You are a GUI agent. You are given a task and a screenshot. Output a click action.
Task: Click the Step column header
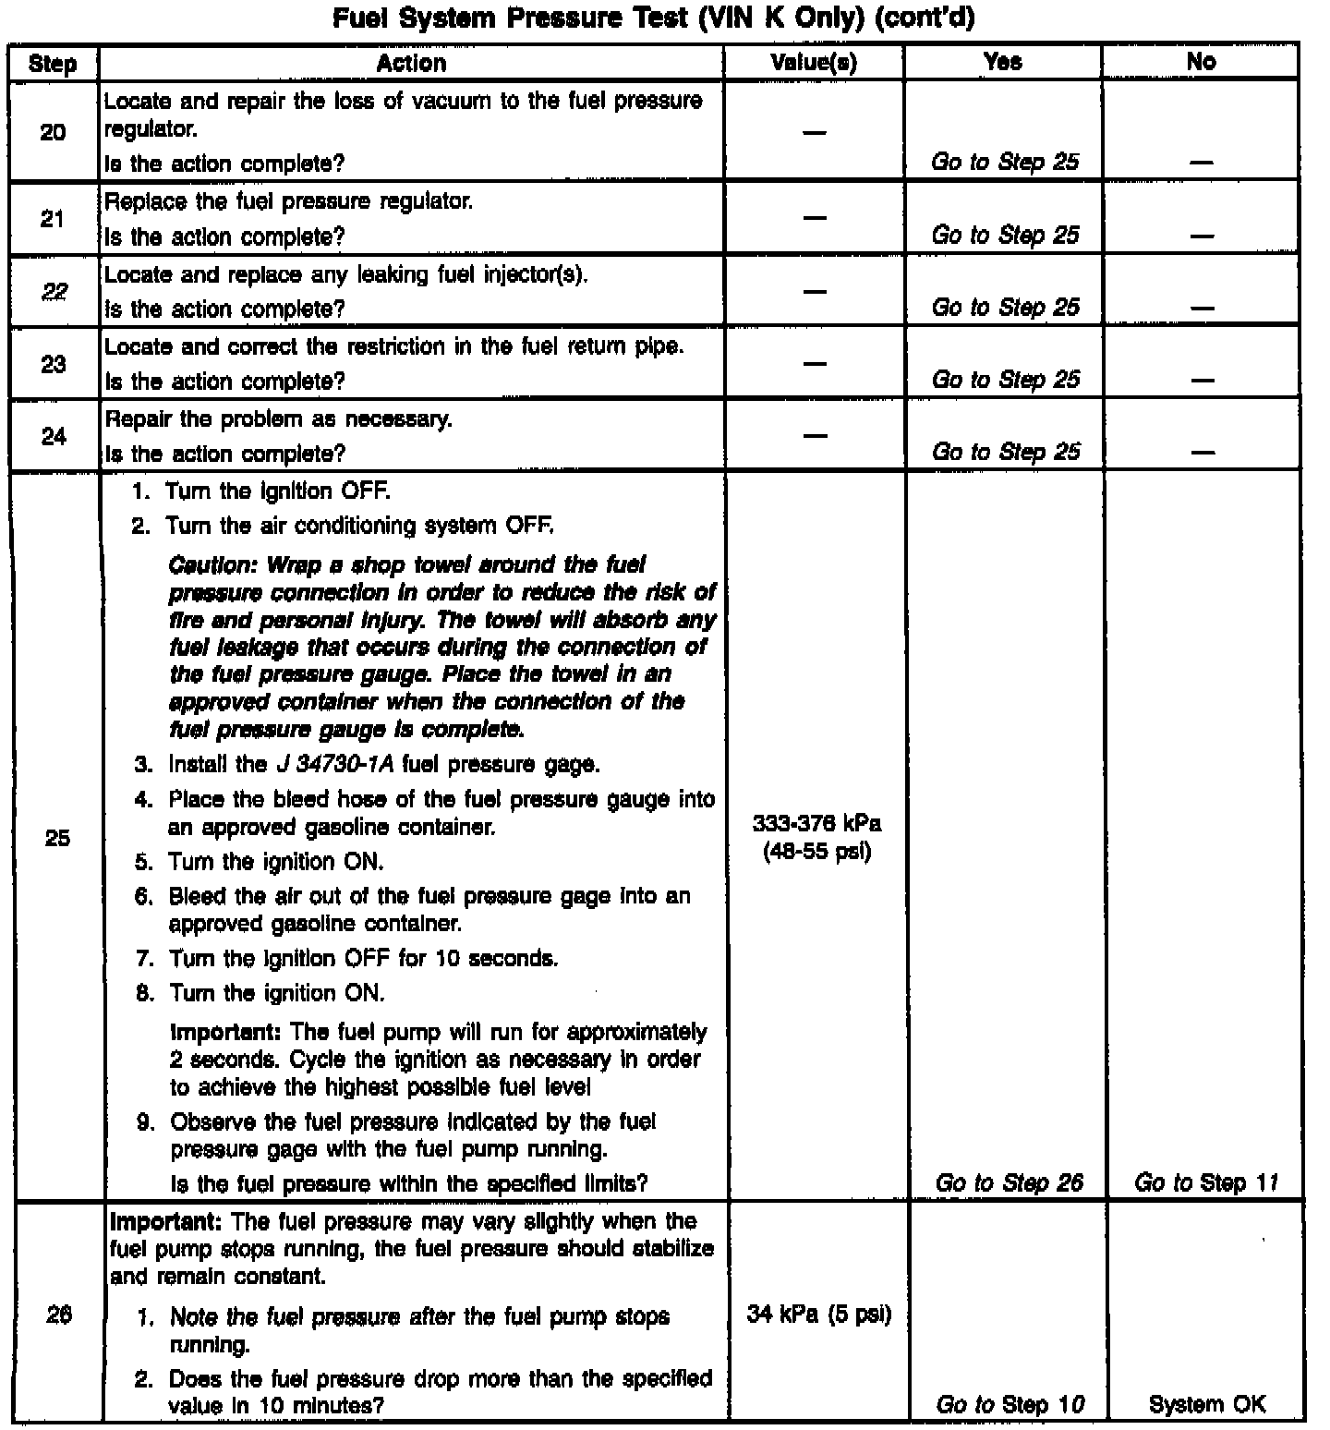point(53,63)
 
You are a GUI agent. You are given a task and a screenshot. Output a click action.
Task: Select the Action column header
point(411,63)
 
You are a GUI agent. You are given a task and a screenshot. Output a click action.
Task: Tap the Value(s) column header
point(813,63)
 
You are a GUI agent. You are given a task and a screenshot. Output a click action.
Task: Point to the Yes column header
point(1003,62)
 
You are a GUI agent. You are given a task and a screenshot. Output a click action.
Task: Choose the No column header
point(1201,62)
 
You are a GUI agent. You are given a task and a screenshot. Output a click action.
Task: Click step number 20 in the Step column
point(54,132)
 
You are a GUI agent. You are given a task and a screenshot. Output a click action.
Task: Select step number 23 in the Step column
point(54,364)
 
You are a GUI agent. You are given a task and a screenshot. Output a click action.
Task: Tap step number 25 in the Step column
point(57,838)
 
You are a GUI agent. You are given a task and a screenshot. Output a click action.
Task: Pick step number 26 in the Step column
point(58,1315)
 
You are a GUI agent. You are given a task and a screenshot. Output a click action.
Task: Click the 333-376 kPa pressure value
point(816,823)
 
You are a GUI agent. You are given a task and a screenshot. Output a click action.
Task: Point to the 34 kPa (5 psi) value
point(818,1314)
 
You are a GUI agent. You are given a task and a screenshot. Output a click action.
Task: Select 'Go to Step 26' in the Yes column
point(1009,1182)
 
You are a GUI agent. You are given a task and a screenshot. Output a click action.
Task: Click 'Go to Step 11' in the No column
point(1206,1182)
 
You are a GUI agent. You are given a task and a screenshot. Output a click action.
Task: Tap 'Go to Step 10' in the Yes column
point(1010,1404)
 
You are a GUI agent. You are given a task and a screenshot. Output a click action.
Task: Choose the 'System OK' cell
point(1207,1404)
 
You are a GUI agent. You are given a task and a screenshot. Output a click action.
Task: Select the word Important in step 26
point(165,1221)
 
